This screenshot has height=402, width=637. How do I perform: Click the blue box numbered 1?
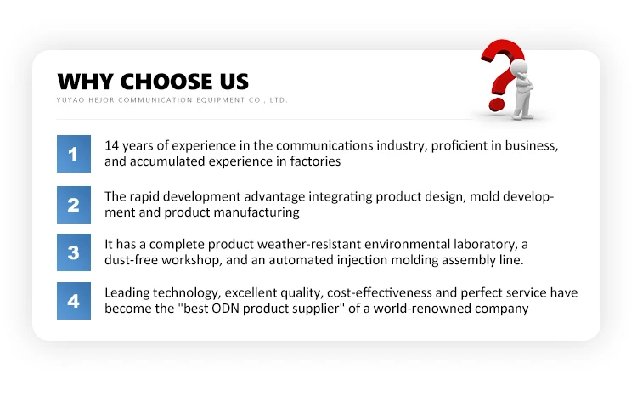pos(74,154)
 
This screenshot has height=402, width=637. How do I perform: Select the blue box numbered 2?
pos(74,205)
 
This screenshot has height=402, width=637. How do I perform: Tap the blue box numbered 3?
pos(74,252)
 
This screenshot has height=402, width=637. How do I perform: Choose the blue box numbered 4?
pos(74,301)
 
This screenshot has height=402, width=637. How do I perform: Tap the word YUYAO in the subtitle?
pos(70,100)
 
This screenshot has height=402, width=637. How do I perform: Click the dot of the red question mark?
pos(497,104)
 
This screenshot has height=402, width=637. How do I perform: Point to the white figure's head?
pos(519,67)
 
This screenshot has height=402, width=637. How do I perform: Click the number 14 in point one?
pos(111,145)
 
